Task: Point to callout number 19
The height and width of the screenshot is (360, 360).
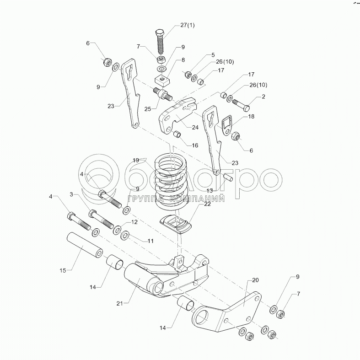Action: click(x=135, y=161)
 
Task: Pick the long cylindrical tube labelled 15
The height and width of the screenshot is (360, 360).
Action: click(x=84, y=245)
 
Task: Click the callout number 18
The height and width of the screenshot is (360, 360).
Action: click(x=251, y=117)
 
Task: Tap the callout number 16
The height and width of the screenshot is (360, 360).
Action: click(x=195, y=145)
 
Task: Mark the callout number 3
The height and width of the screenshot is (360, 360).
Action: click(x=71, y=195)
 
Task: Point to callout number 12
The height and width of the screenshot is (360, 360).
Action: click(x=134, y=222)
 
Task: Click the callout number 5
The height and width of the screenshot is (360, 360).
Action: click(x=199, y=54)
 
